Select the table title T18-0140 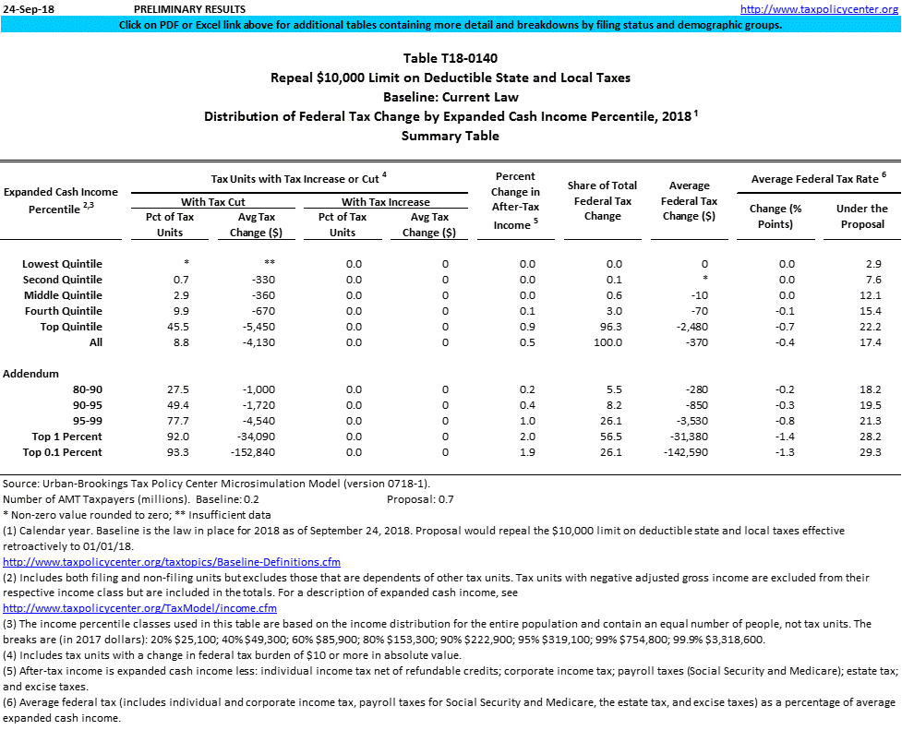point(450,58)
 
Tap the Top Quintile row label point(71,327)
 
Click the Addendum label point(31,374)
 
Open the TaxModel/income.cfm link point(140,608)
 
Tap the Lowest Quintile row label point(63,264)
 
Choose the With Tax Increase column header point(385,201)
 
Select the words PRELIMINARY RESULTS point(184,8)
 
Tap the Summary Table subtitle point(450,136)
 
